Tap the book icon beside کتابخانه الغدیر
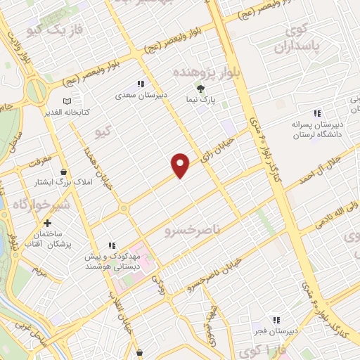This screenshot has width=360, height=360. (67, 102)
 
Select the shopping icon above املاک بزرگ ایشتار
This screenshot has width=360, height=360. (64, 172)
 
